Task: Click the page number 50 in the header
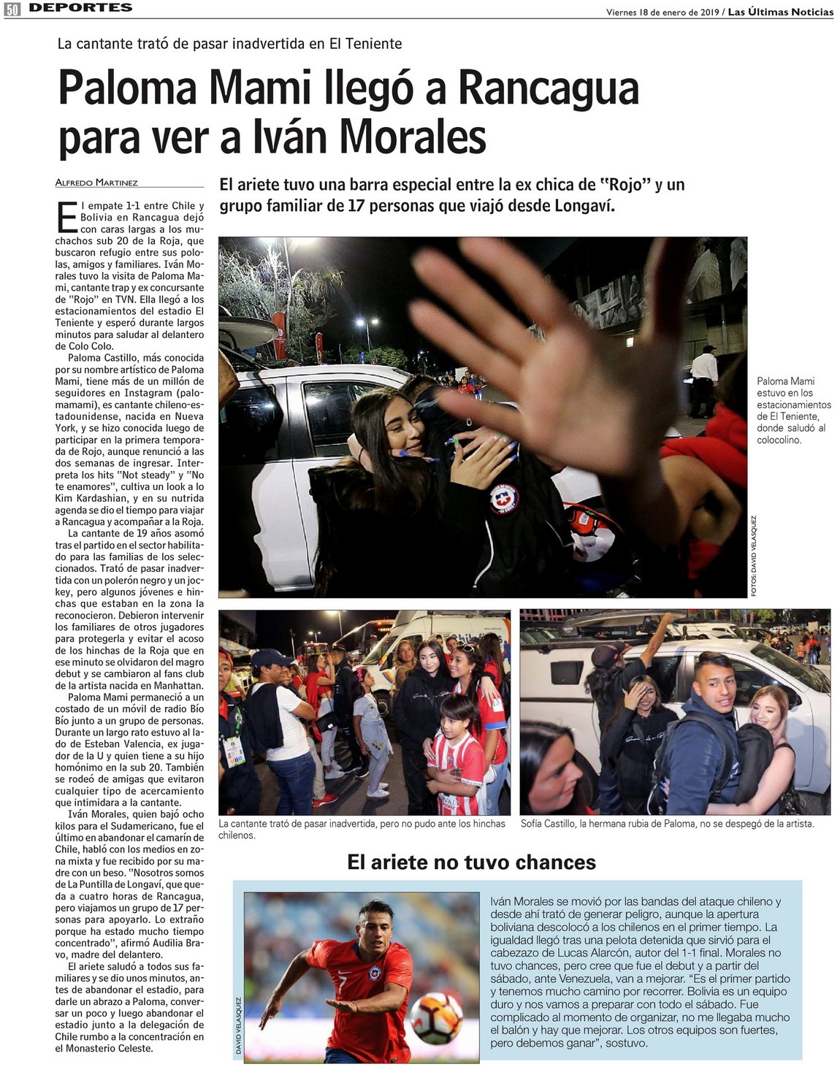click(x=12, y=9)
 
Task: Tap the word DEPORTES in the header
click(x=81, y=8)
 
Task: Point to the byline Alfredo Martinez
click(x=96, y=183)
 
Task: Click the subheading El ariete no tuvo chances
click(x=471, y=863)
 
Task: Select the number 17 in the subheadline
click(x=356, y=206)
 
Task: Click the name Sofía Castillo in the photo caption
click(x=547, y=824)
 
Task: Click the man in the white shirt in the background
click(x=704, y=376)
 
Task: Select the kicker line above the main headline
click(x=229, y=44)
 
